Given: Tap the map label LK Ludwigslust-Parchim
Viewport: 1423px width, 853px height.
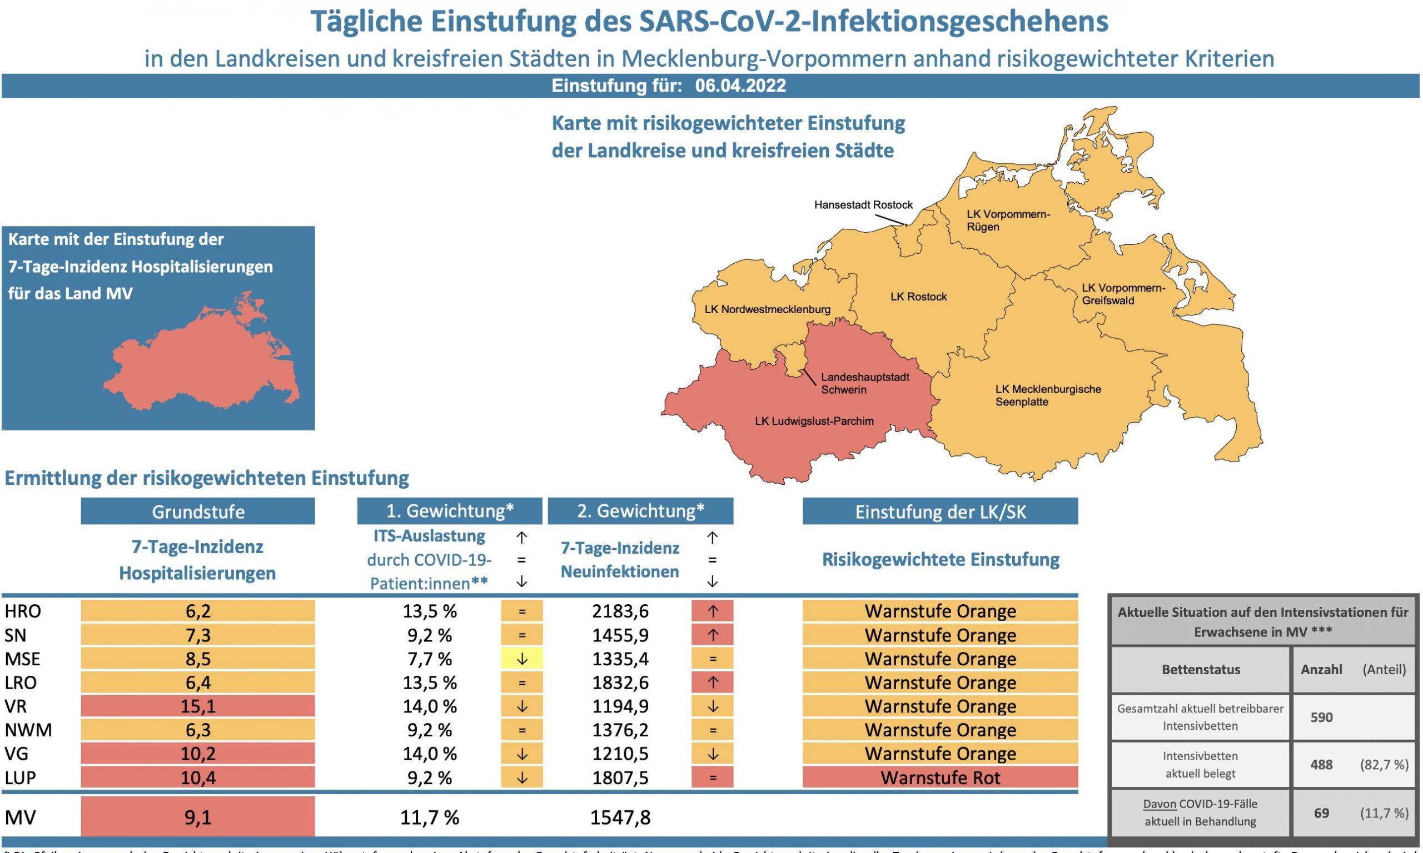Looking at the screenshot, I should pyautogui.click(x=814, y=422).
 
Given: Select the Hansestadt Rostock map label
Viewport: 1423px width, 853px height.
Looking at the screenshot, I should pyautogui.click(x=863, y=205).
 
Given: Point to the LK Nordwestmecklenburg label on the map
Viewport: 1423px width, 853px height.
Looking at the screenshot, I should pyautogui.click(x=767, y=310).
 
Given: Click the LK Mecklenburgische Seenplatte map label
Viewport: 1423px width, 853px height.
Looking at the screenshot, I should pyautogui.click(x=1047, y=395).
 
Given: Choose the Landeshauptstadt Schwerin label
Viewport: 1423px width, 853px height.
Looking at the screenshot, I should pyautogui.click(x=864, y=383).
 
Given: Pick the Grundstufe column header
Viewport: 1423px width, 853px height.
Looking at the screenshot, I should pyautogui.click(x=198, y=511).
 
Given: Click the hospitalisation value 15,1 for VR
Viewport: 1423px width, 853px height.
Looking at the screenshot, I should pyautogui.click(x=198, y=706).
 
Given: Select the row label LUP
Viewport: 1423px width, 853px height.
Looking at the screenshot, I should pyautogui.click(x=20, y=777).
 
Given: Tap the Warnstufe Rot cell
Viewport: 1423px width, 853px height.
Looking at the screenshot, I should pyautogui.click(x=940, y=777).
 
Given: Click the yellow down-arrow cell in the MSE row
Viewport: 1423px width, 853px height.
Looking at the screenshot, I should pyautogui.click(x=522, y=659).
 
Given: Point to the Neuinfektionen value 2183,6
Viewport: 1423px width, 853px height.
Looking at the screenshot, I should pyautogui.click(x=620, y=611).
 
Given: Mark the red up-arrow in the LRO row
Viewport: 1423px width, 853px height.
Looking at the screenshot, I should pyautogui.click(x=712, y=683).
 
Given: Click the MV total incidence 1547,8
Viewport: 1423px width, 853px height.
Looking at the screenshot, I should pyautogui.click(x=620, y=817).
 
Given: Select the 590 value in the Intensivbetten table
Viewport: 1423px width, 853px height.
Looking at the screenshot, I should pyautogui.click(x=1321, y=717).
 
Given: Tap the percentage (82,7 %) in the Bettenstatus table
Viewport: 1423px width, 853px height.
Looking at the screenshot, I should pyautogui.click(x=1384, y=765).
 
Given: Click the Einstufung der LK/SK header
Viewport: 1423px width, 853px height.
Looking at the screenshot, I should pyautogui.click(x=940, y=511).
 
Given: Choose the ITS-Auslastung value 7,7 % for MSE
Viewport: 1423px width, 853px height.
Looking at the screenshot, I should pyautogui.click(x=429, y=659).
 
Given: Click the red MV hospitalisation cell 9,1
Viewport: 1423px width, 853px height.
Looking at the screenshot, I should pyautogui.click(x=198, y=817).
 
